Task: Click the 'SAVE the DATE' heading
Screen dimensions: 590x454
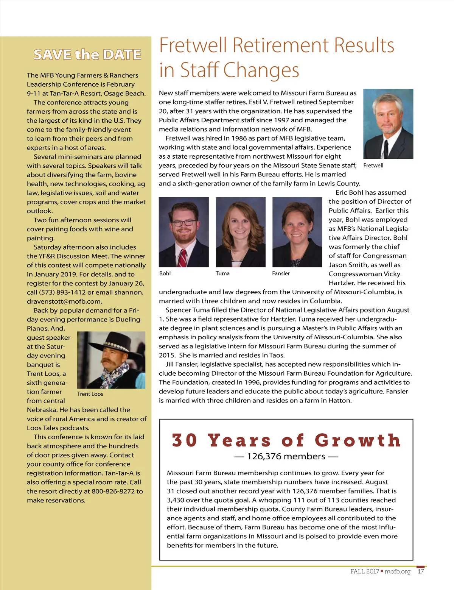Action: tap(87, 55)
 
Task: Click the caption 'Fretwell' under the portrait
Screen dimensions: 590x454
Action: tap(373, 165)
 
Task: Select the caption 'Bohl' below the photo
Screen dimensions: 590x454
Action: tap(165, 273)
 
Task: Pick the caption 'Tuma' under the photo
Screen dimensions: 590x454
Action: tap(222, 273)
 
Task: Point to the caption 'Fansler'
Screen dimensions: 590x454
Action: tap(281, 273)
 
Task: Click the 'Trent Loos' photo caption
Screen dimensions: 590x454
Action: tap(90, 394)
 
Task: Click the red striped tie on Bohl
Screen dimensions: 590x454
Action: tap(183, 258)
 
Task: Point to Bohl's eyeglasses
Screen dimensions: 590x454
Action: tap(183, 223)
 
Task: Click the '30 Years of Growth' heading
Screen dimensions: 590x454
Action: tap(286, 440)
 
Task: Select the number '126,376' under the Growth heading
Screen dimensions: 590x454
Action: tap(266, 456)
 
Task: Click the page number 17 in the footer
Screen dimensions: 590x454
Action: tap(421, 571)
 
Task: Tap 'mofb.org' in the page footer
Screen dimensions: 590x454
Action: tap(397, 571)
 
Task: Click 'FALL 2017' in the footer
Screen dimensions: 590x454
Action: tap(365, 571)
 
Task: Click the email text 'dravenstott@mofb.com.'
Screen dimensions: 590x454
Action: tap(64, 301)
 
